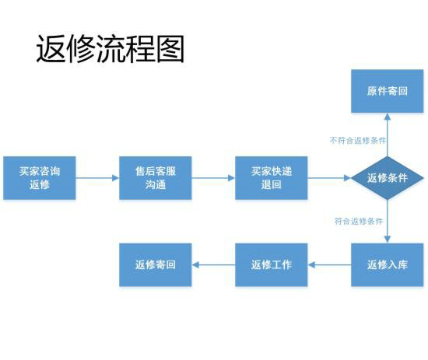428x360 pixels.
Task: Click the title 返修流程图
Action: point(110,48)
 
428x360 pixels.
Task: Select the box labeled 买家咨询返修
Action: point(40,178)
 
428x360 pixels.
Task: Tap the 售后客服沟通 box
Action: point(156,178)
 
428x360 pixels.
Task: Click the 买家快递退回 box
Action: point(272,178)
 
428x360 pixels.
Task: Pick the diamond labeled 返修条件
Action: point(387,178)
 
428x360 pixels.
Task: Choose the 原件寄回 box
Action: point(387,91)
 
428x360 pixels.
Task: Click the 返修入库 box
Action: point(387,264)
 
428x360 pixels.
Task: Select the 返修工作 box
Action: point(272,264)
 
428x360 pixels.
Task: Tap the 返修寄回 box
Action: point(156,264)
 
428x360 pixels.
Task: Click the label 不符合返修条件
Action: point(358,141)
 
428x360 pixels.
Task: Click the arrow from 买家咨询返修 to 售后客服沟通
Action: point(97,178)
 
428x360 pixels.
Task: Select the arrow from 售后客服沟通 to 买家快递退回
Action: point(213,178)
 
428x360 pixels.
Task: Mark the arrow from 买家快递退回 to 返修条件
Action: point(328,178)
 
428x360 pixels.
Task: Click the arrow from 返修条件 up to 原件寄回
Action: point(387,134)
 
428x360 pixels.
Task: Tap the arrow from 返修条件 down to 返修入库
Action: point(387,222)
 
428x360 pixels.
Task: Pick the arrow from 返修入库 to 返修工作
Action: point(329,264)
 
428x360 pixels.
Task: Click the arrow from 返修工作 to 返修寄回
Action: point(213,264)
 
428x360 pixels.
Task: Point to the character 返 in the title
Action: point(51,48)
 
